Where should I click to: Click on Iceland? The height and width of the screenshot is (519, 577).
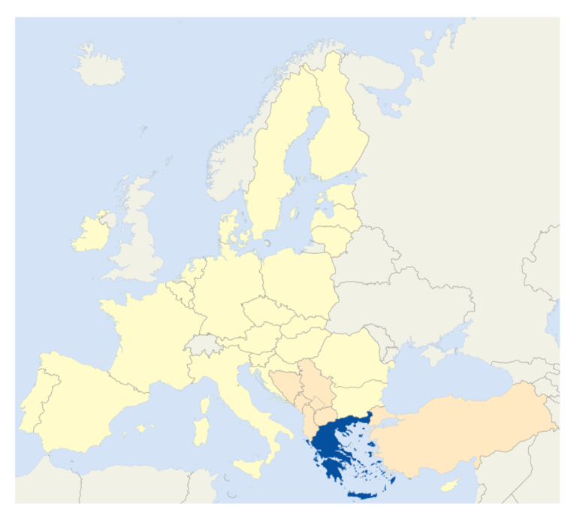pos(100,64)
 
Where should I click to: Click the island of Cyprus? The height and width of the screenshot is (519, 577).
pos(449,486)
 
